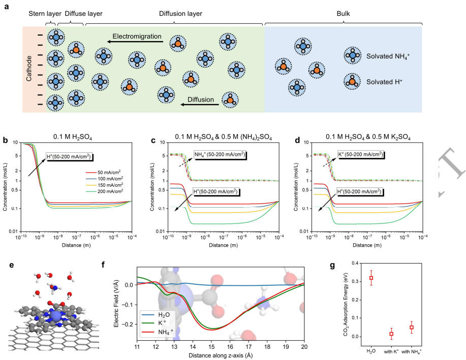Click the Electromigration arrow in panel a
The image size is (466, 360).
tap(135, 44)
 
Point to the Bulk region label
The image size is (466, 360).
tap(343, 14)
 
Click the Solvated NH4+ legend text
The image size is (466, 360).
tap(388, 55)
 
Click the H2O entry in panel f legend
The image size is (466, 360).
tap(162, 311)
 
